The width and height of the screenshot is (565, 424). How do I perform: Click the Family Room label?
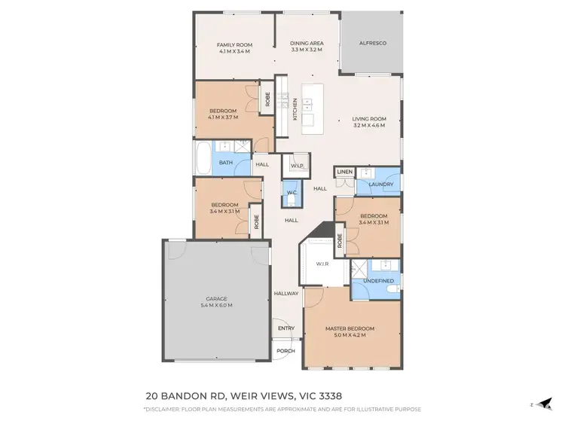click(234, 48)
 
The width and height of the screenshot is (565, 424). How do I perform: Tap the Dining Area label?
click(307, 47)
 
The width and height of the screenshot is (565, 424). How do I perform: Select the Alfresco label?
click(371, 44)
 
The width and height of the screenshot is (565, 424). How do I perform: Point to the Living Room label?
click(369, 122)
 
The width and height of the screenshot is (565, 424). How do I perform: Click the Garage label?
click(216, 302)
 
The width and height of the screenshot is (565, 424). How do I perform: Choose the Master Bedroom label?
click(350, 332)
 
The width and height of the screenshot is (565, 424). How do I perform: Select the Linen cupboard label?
click(344, 172)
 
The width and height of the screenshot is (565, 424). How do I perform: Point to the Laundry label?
click(381, 185)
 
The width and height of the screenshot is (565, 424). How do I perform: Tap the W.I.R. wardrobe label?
click(320, 264)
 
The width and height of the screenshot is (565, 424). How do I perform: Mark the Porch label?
click(286, 351)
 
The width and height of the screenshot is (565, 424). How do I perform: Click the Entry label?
click(286, 328)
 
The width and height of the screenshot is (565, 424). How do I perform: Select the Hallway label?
click(286, 294)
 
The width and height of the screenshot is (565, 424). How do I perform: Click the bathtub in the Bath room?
click(203, 159)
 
